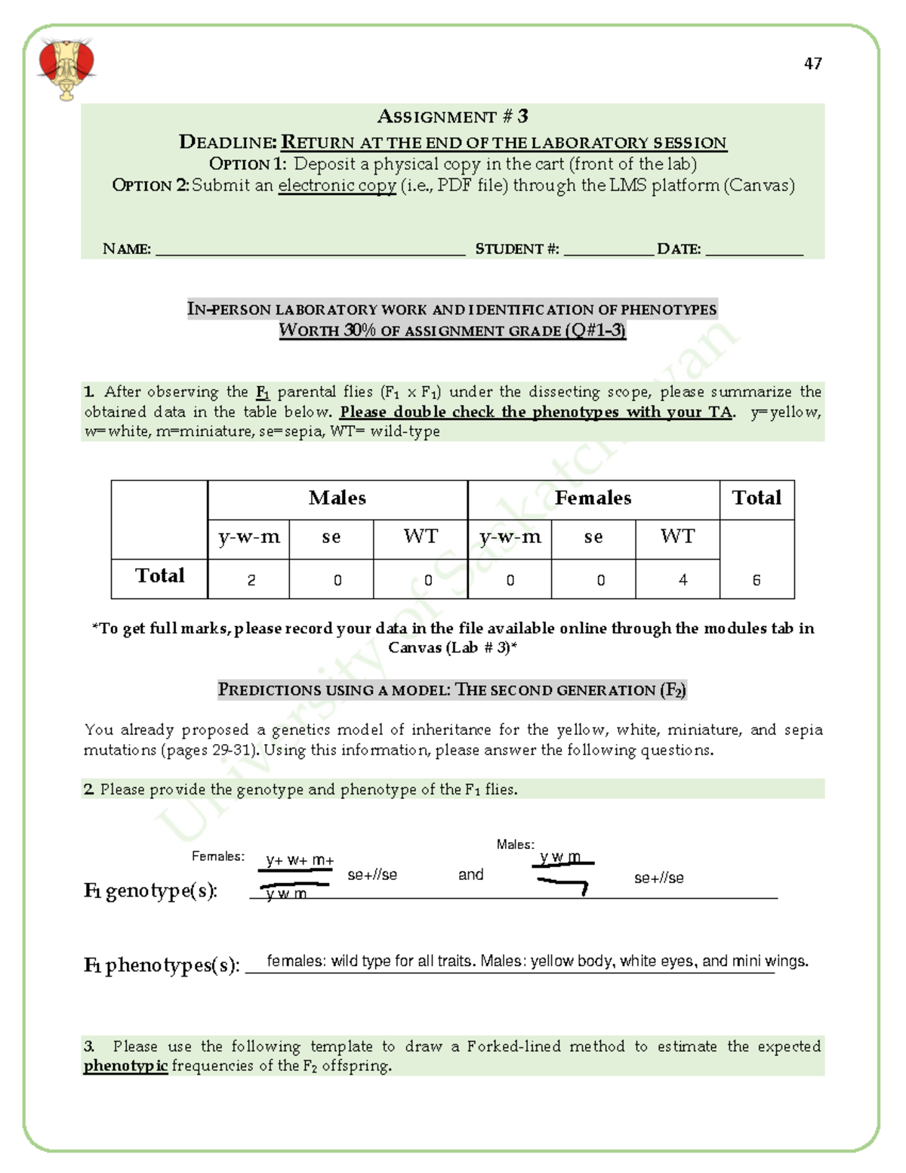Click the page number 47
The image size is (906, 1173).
tap(812, 63)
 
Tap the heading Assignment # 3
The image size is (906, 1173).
tap(452, 116)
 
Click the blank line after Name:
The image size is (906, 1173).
tap(310, 252)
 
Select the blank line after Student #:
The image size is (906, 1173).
tap(608, 252)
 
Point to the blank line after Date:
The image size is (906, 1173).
tap(753, 252)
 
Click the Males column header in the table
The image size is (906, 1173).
tap(337, 499)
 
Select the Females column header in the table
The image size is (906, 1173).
tap(593, 499)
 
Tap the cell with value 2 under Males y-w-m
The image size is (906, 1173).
tap(251, 580)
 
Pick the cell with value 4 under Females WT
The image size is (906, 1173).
tap(683, 580)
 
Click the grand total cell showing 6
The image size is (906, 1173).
tap(756, 580)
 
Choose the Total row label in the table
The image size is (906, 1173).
tap(159, 576)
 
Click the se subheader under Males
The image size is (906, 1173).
tap(331, 537)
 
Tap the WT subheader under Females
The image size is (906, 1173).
tap(677, 537)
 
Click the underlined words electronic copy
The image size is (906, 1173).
tap(337, 186)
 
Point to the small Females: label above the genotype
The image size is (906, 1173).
tap(217, 856)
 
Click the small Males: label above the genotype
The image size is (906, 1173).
tap(515, 844)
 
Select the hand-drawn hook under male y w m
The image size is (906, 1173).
tap(565, 885)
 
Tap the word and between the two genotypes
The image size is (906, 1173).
tap(470, 875)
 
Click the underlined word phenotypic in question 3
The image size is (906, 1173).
tap(125, 1066)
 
